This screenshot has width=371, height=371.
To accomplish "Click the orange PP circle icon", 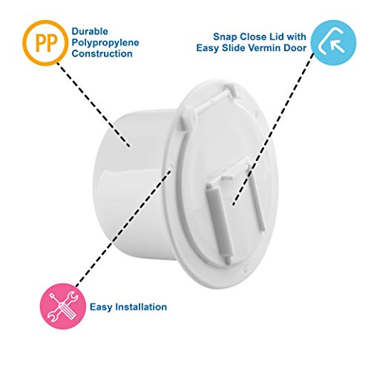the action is click(x=45, y=43).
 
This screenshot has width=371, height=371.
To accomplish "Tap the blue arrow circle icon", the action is click(x=333, y=43).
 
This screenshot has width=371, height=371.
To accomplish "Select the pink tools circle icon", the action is click(x=63, y=306).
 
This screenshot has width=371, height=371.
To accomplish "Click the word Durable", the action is click(x=90, y=32).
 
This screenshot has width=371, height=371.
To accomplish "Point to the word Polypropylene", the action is click(x=105, y=43).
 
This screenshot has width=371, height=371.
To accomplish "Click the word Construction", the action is click(x=102, y=53).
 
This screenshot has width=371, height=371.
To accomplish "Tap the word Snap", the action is click(x=225, y=37).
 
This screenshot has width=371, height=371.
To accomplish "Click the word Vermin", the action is click(x=267, y=47).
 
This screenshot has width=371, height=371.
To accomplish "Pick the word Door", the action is click(x=295, y=47).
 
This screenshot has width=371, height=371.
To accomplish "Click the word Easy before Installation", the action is click(x=101, y=307).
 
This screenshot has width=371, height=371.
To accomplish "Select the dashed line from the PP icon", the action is click(x=93, y=105).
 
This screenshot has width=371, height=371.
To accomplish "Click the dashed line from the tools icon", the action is click(x=123, y=228).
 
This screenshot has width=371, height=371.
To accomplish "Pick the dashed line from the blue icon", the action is click(x=273, y=129).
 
